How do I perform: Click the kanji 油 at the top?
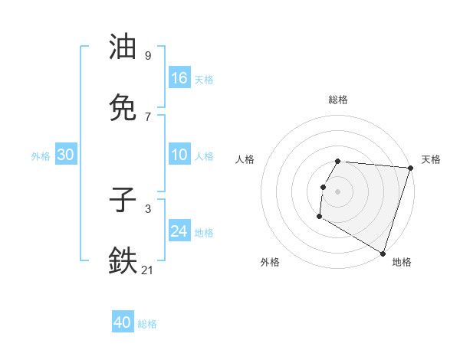tap(123, 47)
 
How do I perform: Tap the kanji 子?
tap(123, 201)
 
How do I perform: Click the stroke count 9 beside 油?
tap(148, 55)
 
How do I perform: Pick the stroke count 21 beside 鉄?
tap(148, 270)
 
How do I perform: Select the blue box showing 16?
tap(179, 78)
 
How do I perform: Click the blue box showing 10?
tap(179, 155)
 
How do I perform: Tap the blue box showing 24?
tap(179, 231)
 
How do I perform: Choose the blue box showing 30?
tap(66, 155)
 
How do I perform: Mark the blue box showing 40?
tap(123, 322)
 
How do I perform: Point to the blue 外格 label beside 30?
tap(41, 156)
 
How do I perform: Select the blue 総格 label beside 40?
tap(147, 324)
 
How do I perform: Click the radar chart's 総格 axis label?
tap(338, 100)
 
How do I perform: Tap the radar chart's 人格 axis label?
tap(245, 159)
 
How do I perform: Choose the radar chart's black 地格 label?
tap(402, 262)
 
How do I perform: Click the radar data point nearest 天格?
tap(410, 168)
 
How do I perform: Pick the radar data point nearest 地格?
tap(383, 253)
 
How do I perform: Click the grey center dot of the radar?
tap(338, 191)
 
